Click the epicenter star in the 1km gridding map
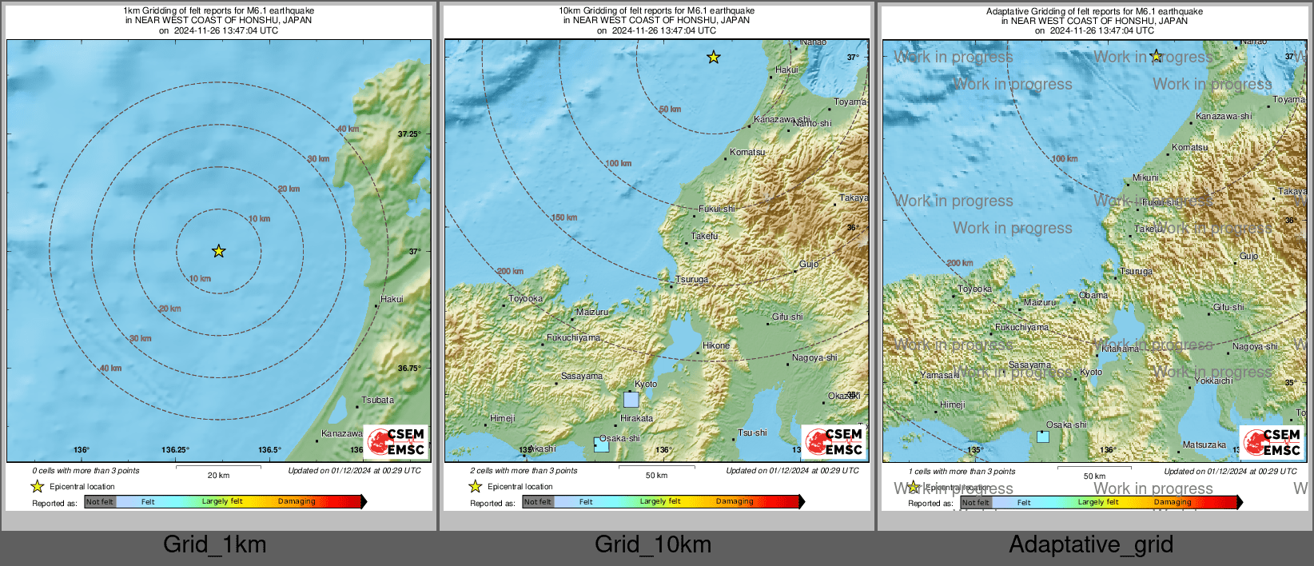pos(218,251)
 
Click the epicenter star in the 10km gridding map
pos(713,58)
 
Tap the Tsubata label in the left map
pos(377,400)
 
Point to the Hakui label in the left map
pos(392,299)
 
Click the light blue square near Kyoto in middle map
pos(631,399)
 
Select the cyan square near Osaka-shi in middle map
pos(601,445)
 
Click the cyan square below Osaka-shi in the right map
pos(1043,436)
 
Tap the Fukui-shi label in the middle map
pos(716,209)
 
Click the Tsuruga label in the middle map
pos(691,280)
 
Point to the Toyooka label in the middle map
pos(526,299)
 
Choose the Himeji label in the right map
pos(952,405)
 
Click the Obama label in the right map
pos(1093,295)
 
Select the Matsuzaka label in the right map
pos(1204,444)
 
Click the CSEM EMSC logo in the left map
pos(396,441)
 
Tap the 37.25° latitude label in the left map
pos(408,134)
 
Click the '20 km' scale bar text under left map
pos(218,475)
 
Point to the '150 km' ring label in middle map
pos(563,217)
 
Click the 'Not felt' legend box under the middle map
pos(538,502)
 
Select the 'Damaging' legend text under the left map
pos(297,501)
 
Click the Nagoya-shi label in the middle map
pos(814,357)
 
